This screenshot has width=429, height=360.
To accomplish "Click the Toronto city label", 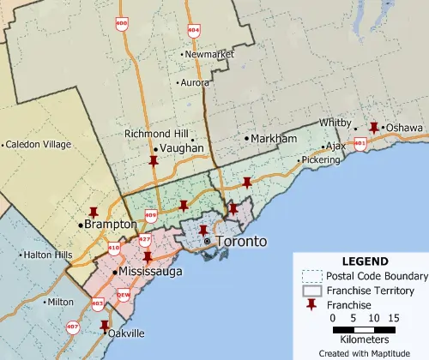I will click(x=240, y=242).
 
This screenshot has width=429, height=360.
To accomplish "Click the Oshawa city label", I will click(x=403, y=128).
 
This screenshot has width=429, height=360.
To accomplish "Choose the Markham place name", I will click(x=273, y=138).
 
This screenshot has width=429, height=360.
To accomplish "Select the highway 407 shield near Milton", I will click(x=71, y=327).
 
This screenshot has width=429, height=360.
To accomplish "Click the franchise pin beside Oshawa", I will click(x=373, y=127).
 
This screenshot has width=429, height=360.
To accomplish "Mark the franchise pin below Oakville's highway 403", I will click(x=104, y=326).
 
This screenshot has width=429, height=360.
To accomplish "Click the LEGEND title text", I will click(x=365, y=261).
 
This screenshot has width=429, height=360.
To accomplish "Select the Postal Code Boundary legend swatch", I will click(x=312, y=276).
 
